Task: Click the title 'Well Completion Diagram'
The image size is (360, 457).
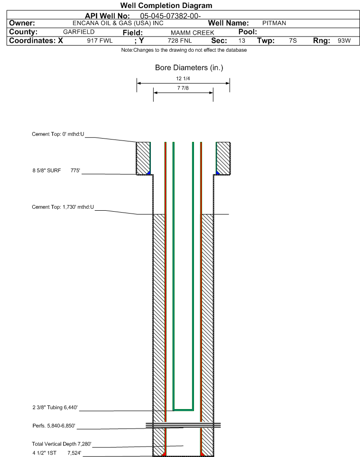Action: pos(166,6)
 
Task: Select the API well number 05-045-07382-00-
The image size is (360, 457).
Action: pos(170,16)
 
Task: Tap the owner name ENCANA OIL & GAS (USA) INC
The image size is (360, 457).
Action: pos(118,23)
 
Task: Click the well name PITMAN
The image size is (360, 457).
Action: pos(274,23)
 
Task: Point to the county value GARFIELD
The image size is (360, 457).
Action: pos(79,32)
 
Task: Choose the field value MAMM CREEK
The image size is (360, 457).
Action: pos(193,33)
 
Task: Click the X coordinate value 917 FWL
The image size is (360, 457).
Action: pos(100,40)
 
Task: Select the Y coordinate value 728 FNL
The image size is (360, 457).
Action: pos(180,40)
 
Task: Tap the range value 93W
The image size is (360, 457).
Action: pos(344,40)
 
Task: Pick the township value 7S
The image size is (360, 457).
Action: pos(293,40)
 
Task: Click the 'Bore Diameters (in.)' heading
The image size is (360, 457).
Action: pos(189,67)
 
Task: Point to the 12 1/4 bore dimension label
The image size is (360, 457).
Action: pos(183,78)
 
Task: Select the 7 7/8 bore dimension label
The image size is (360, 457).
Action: pos(183,88)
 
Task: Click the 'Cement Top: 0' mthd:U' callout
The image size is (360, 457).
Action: pos(58,134)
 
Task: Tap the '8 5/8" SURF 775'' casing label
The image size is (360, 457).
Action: pos(56,170)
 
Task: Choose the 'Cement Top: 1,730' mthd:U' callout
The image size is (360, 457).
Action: pos(63,207)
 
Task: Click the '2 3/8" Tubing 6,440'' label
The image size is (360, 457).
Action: pos(55,407)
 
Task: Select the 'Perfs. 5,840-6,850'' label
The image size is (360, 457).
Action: pos(54,426)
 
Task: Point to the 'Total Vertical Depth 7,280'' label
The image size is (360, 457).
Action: pos(62,444)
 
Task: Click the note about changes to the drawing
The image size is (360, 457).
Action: pos(184,50)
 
